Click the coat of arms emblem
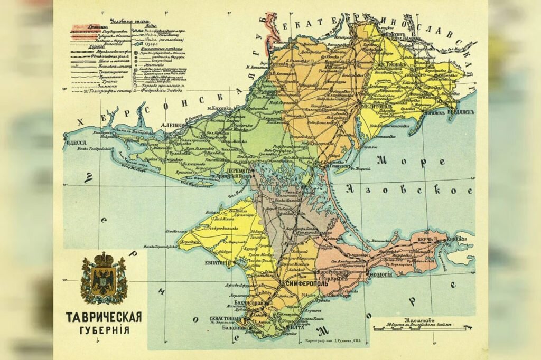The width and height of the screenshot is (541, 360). [104, 278]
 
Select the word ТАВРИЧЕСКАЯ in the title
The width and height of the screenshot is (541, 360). [104, 317]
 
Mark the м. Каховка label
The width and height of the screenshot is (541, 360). [219, 109]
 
